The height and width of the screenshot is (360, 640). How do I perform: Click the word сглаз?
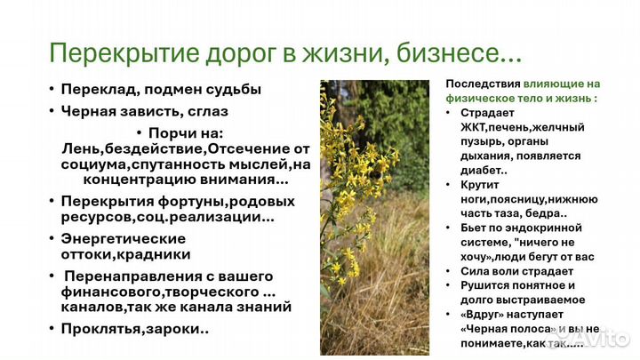click(207, 111)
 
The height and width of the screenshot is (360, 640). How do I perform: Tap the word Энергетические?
click(123, 238)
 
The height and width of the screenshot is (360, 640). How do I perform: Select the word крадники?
click(156, 254)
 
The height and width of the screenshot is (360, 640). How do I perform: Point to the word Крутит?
click(481, 185)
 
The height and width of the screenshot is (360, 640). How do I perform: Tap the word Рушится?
click(486, 285)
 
